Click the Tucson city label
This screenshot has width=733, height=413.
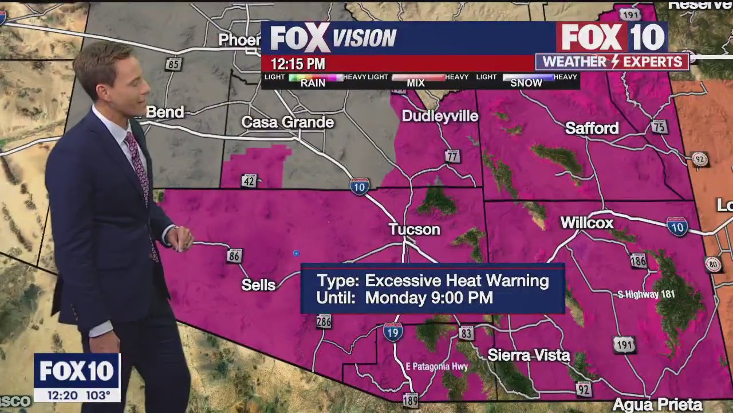coord(414,229)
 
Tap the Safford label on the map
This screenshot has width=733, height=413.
coord(592,128)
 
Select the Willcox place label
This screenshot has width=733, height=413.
coord(586,223)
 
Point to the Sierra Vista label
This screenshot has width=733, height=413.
coord(529,355)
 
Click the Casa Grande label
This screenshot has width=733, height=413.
coord(287,122)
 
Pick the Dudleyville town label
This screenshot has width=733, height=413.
coord(440,116)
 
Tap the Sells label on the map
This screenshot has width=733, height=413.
coord(258,285)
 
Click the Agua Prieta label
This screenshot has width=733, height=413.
coord(657,404)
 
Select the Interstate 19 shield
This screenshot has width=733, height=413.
coord(393,332)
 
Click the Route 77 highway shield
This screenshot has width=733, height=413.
coord(452,155)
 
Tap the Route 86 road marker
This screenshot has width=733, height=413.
coord(234,256)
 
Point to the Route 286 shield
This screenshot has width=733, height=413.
coord(324,321)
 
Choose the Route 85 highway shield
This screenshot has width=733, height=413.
coord(174,64)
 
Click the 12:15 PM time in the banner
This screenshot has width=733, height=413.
coord(298,64)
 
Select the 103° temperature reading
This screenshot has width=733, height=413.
coord(98,395)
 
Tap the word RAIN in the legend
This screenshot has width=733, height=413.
coord(313,83)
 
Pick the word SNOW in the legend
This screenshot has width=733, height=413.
coord(526,83)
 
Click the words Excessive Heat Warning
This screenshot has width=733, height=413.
coord(456,280)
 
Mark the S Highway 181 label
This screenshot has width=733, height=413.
coord(646,295)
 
